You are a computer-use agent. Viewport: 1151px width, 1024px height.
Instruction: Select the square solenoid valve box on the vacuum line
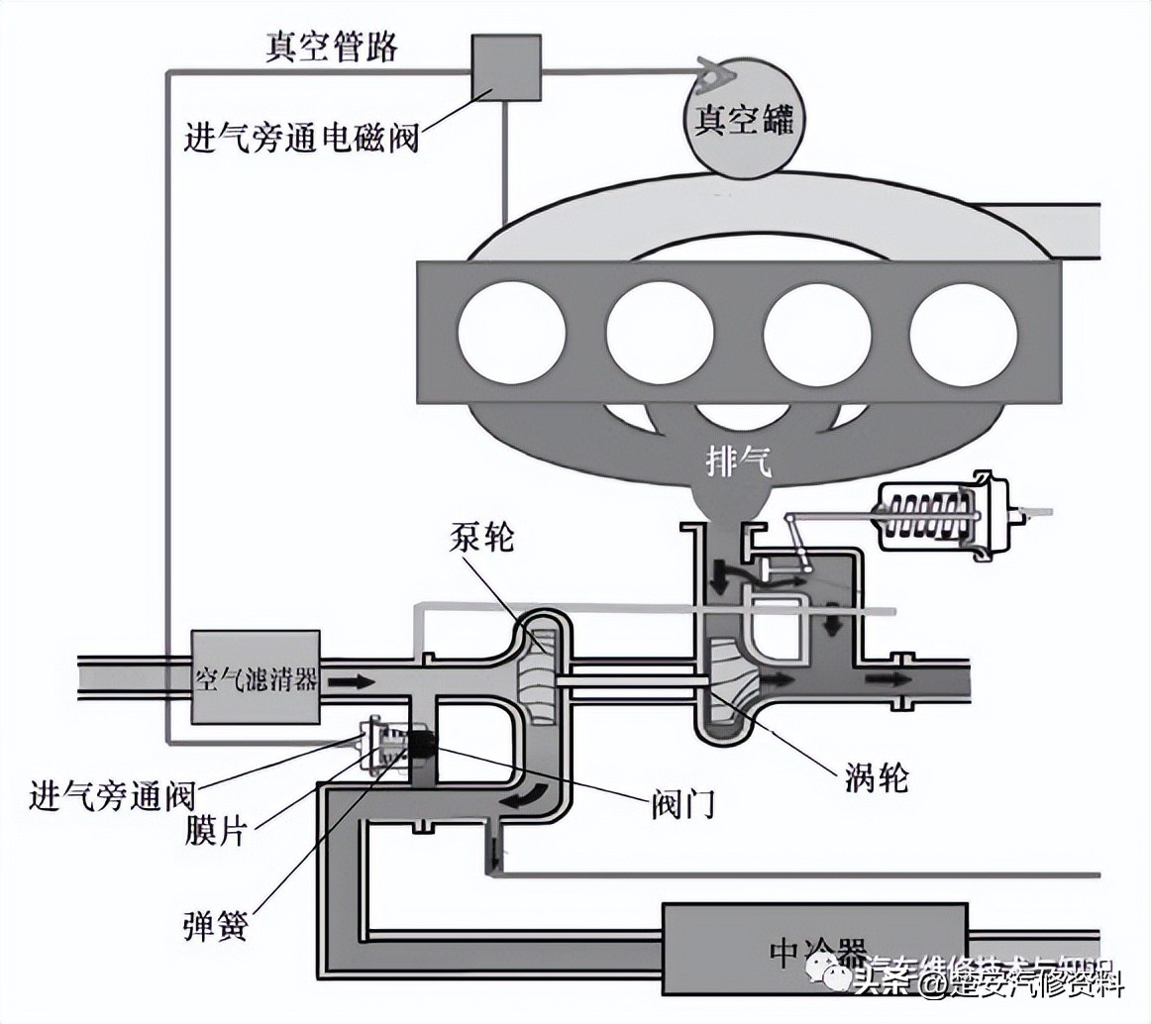[x=506, y=67]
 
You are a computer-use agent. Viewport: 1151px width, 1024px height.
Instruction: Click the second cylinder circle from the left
[x=660, y=334]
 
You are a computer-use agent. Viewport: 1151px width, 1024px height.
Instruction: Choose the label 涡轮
[x=878, y=779]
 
